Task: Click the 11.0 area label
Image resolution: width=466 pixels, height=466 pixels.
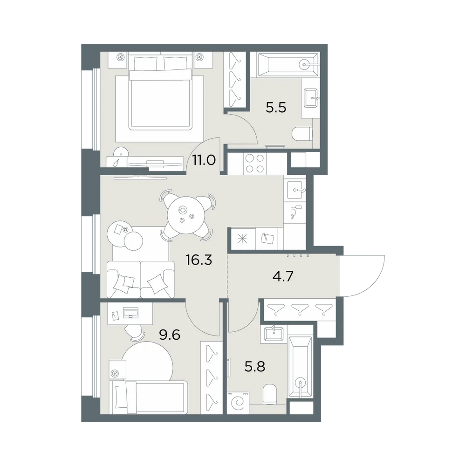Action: (204, 160)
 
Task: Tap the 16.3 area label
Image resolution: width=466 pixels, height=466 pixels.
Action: (199, 260)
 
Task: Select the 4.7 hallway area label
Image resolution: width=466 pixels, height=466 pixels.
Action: (283, 277)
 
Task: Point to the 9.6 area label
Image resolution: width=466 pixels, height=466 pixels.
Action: (170, 335)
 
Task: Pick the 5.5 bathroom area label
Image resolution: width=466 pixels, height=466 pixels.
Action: (276, 108)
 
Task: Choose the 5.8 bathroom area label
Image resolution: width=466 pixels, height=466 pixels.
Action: (255, 366)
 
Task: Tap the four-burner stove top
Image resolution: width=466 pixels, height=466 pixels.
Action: (255, 164)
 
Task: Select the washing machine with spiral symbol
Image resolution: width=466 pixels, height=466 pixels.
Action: (238, 403)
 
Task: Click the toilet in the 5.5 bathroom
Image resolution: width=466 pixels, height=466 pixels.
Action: (302, 134)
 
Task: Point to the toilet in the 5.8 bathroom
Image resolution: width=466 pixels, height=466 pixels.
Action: (270, 394)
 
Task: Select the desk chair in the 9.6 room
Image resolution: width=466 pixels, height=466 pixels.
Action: (135, 332)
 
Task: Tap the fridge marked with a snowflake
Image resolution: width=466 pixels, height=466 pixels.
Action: (243, 239)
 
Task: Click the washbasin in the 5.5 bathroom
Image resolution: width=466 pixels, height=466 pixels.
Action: (310, 97)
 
